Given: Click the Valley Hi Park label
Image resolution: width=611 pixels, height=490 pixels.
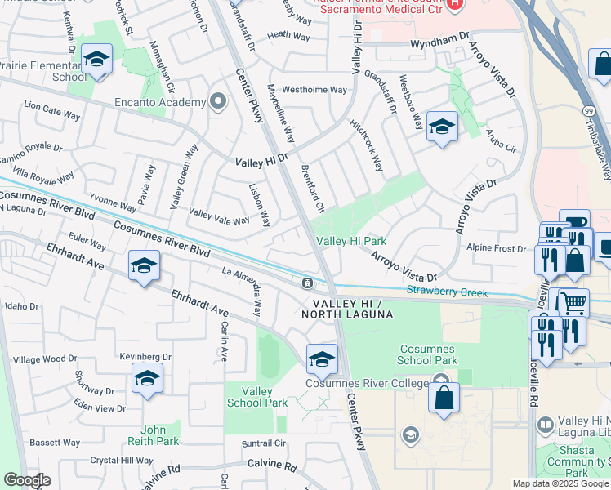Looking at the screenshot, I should (351, 241).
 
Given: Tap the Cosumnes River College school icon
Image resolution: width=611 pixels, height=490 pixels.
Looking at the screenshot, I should (322, 359).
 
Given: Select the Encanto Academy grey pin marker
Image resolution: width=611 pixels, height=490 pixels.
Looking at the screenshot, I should (217, 101).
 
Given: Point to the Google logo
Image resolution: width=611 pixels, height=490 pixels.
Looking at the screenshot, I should (27, 480).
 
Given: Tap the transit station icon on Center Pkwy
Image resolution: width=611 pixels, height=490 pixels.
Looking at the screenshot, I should (306, 283).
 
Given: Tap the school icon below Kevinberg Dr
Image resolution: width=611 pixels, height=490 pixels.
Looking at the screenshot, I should (147, 378).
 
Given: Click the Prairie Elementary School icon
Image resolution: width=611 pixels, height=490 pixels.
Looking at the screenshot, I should (96, 60).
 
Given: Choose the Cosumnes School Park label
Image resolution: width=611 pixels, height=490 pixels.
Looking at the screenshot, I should (426, 354).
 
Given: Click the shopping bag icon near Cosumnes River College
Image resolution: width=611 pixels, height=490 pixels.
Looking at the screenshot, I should (444, 399).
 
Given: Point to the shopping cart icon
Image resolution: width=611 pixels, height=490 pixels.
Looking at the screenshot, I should (573, 302).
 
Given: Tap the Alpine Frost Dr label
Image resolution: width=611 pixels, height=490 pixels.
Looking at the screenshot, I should (495, 247).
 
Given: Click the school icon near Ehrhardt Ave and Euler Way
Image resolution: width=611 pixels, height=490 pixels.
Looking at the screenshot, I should (143, 266).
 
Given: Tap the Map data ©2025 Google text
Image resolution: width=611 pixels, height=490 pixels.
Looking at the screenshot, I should (560, 483).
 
